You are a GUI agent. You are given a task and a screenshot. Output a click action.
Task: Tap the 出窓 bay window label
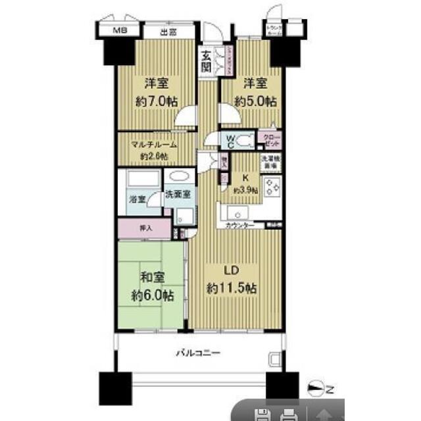tap(168, 30)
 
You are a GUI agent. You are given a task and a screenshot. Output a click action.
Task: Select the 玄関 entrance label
tap(207, 62)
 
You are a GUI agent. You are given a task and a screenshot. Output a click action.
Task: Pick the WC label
tap(230, 140)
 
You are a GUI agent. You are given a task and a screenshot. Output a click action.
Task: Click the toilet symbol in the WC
tap(245, 139)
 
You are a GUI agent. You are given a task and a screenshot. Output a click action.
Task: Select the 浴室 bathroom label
tap(137, 198)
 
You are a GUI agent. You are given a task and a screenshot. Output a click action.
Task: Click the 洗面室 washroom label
tap(177, 195)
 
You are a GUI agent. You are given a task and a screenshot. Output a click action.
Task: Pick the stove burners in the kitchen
tap(272, 188)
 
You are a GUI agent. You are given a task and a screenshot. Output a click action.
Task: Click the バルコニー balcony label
tap(197, 353)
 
